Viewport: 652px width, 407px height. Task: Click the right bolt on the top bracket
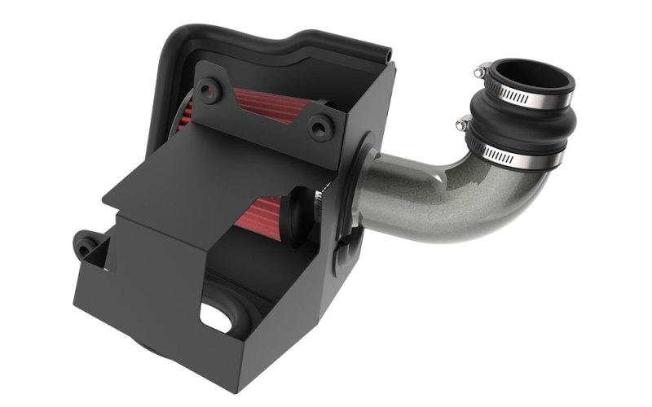(x=319, y=125)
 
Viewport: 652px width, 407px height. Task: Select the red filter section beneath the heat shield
(x=261, y=213)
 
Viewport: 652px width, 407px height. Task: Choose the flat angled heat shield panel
(x=212, y=175)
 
